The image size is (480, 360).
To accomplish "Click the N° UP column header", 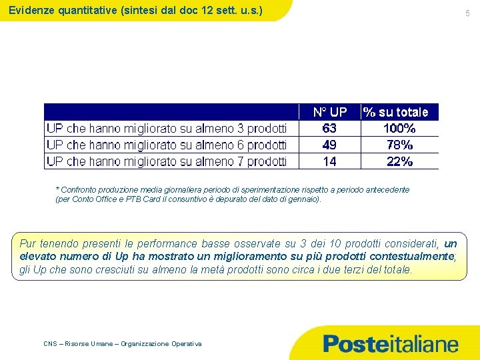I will (330, 112).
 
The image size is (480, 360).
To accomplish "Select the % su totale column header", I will (395, 112).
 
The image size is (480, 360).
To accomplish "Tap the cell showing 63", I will (329, 128).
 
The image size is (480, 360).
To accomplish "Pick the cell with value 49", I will (329, 145).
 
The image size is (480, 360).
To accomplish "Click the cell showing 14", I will (329, 161).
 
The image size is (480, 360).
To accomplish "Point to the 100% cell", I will (399, 128).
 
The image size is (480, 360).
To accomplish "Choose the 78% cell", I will (399, 145).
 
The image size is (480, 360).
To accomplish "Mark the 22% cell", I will (399, 161).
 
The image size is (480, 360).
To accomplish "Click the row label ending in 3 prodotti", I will (167, 128).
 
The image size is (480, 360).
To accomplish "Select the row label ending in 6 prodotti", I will (167, 145).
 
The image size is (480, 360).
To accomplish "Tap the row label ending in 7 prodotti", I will (167, 161).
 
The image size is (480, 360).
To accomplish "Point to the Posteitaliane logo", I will (391, 344).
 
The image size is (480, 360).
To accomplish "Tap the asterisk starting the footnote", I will (57, 190).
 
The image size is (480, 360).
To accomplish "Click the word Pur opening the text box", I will (28, 244).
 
